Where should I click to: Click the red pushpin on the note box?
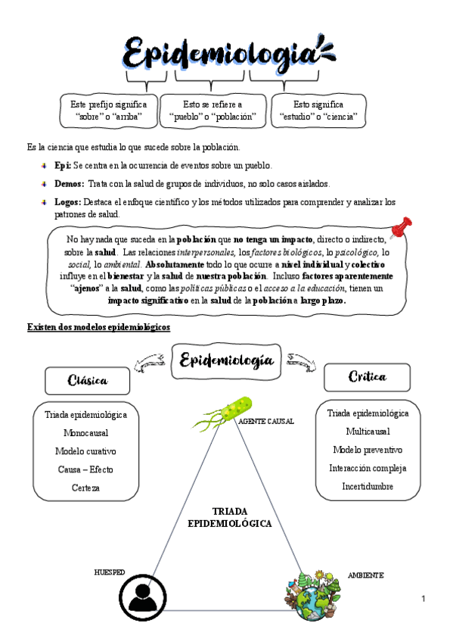401,227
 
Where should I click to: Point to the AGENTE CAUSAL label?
265,421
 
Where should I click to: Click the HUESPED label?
109,572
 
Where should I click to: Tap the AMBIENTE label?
365,575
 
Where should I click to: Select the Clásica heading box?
87,379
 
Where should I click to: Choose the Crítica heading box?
367,376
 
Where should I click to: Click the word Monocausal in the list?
85,433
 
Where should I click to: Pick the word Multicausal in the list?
368,432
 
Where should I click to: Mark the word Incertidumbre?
368,486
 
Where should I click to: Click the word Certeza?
85,488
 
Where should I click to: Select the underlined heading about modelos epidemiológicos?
98,326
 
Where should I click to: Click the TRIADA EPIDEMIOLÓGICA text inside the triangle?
229,517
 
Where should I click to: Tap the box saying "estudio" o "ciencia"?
318,111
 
